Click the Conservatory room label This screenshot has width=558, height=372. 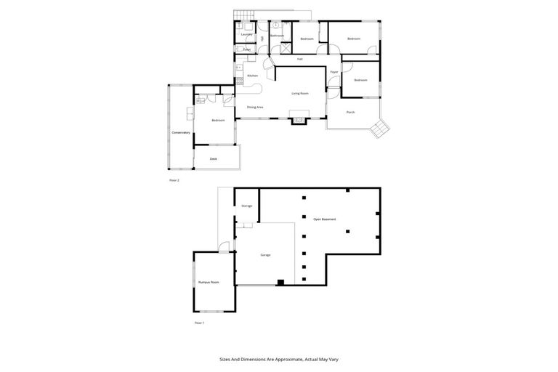[181, 132]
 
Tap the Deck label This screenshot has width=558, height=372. [214, 158]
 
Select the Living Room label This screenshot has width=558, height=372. [301, 93]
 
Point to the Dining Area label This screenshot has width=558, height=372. [254, 107]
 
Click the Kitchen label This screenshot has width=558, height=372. [253, 76]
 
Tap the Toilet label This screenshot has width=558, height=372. [247, 49]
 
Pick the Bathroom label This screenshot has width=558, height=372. [277, 36]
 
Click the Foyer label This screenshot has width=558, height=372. [334, 73]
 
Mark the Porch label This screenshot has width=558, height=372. [350, 112]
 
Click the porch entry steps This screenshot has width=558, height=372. [380, 129]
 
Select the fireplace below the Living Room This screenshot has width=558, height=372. [299, 119]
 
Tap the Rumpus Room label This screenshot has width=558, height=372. [209, 282]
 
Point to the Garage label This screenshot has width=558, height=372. [265, 255]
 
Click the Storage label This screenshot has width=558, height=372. [246, 206]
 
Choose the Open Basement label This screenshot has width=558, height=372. [324, 219]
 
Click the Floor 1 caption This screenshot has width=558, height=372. [199, 322]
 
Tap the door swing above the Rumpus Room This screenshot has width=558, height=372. [224, 248]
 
